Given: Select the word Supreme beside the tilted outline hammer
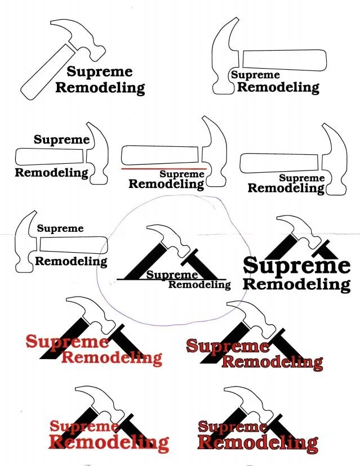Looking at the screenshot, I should tap(100, 71).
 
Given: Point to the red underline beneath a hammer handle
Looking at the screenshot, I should tap(164, 168).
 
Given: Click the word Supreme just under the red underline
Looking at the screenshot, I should tap(181, 174).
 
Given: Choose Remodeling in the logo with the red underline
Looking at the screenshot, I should tap(166, 184).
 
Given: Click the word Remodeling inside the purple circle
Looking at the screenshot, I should tap(199, 285).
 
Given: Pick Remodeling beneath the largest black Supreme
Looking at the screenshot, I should tap(296, 284).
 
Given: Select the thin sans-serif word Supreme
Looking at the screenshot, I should tap(60, 228).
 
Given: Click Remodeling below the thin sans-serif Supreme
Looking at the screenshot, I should tap(71, 261).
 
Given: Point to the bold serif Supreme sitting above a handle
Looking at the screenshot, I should tap(61, 140).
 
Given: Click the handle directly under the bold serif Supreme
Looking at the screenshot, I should tap(50, 156).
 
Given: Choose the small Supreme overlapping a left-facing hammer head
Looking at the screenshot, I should tap(255, 75).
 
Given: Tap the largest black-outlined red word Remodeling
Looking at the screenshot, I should tap(257, 443).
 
